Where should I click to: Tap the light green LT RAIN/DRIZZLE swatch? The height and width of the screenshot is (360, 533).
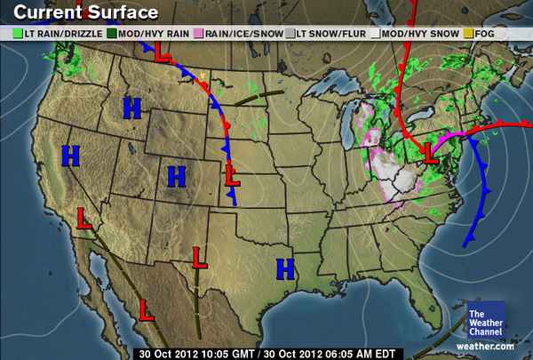[x=19, y=33]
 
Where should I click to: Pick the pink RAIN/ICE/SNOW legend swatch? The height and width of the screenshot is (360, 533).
[x=201, y=33]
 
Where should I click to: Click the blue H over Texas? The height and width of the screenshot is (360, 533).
[x=285, y=267]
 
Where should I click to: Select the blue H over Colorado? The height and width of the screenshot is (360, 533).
[x=177, y=175]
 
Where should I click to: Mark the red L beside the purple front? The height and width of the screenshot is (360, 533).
[x=431, y=152]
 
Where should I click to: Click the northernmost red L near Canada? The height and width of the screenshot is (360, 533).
[x=161, y=54]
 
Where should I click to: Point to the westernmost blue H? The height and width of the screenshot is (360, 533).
[x=71, y=156]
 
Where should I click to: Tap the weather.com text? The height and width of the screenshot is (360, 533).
[x=485, y=345]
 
